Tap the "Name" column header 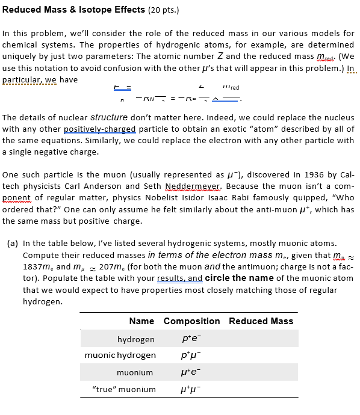[x=141, y=321]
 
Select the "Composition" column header [x=191, y=321]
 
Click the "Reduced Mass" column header [x=261, y=321]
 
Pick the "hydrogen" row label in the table [x=135, y=339]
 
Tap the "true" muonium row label [x=123, y=389]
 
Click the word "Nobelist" [x=165, y=198]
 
